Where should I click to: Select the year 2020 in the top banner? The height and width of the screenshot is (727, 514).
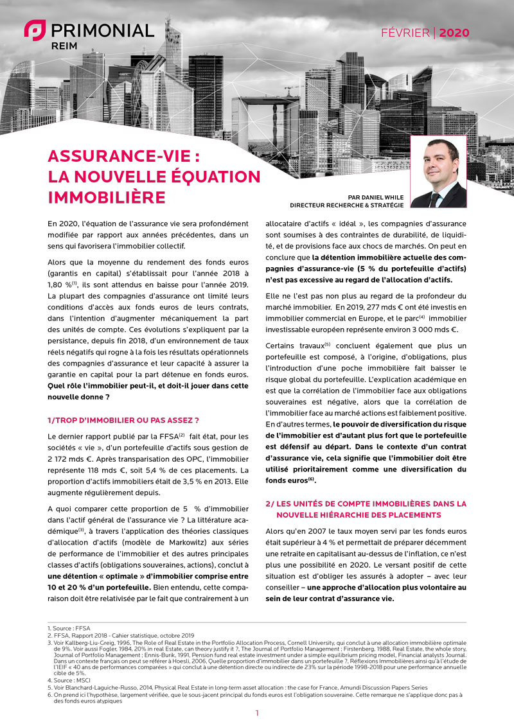454,33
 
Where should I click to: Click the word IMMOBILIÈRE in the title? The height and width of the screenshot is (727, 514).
107,196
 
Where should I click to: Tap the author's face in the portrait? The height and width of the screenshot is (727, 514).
438,161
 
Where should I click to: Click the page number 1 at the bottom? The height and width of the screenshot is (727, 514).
257,714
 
